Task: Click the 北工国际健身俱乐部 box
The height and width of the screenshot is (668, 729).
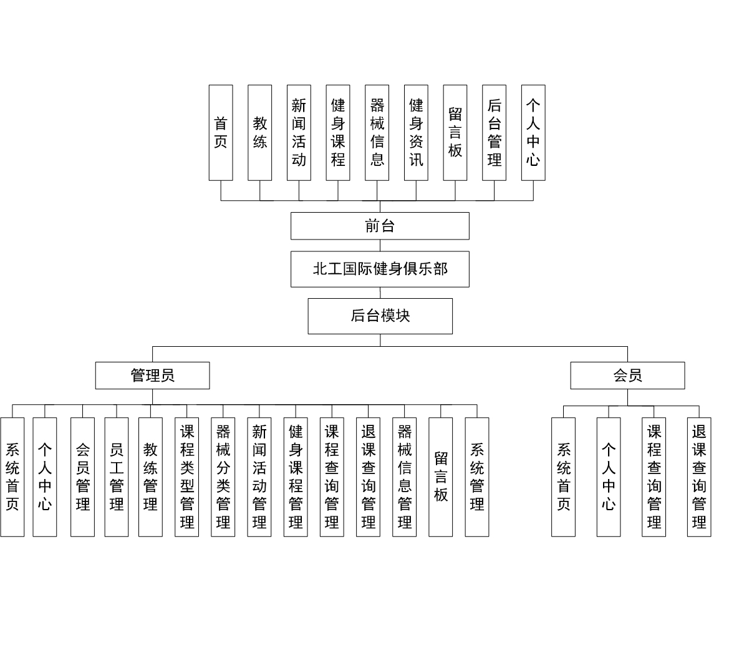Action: tap(380, 269)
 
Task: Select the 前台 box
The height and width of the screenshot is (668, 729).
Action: tap(380, 226)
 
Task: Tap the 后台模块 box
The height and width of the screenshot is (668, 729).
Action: tap(380, 316)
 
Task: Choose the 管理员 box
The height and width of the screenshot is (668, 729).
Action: tap(153, 375)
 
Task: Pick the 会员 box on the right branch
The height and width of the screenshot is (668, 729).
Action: tap(627, 375)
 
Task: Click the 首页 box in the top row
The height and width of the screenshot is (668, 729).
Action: tap(221, 132)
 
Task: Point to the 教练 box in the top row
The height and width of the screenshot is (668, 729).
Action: tap(260, 132)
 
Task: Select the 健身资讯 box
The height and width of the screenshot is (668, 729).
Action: tap(416, 132)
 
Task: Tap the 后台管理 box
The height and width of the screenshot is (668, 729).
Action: tap(495, 132)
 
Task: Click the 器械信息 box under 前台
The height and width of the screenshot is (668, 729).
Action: tap(377, 132)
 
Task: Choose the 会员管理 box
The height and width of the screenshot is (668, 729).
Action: tap(83, 477)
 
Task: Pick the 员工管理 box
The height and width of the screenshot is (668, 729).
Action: tap(117, 477)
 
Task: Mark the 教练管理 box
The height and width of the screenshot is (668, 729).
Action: tap(151, 477)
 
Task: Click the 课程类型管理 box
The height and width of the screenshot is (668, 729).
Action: tap(187, 477)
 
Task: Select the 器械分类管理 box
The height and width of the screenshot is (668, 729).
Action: tap(223, 477)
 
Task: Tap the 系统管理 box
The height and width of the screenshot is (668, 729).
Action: tap(477, 477)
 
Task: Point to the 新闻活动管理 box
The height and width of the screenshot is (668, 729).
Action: tap(259, 477)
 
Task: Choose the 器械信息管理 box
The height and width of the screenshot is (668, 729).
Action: tap(405, 477)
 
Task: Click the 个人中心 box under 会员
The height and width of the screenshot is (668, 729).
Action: tap(609, 477)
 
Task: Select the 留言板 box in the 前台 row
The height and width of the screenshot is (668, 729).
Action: tap(455, 132)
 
